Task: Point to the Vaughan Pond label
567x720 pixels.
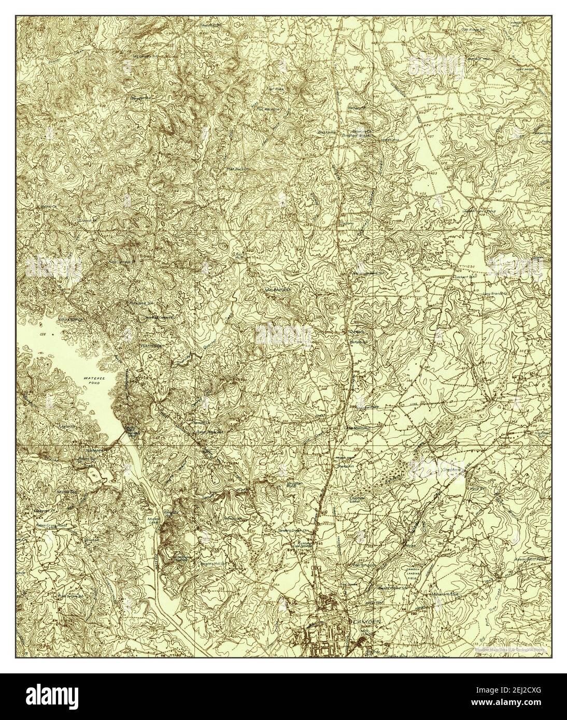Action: pos(280,484)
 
